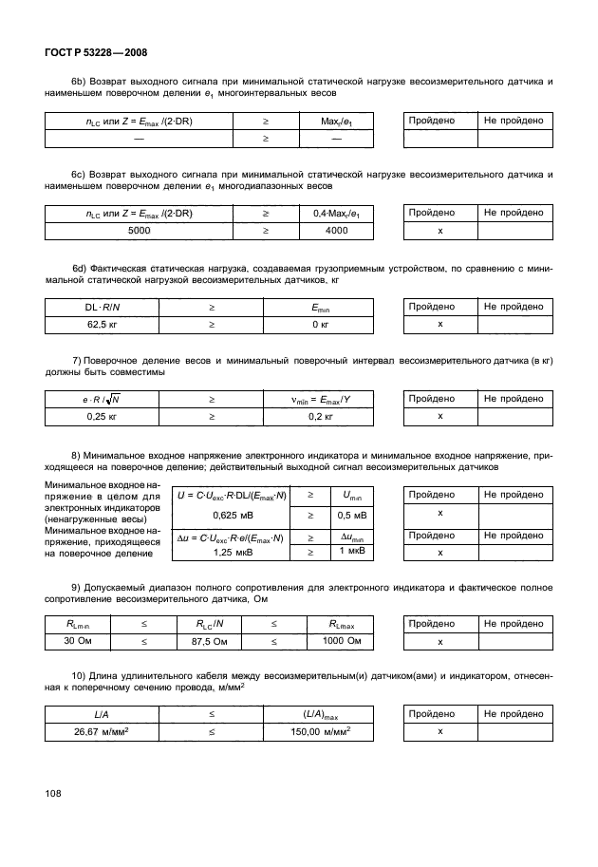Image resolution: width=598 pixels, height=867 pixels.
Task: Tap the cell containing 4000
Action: coord(336,230)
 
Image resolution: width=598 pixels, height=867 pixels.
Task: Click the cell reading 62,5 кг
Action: coord(94,324)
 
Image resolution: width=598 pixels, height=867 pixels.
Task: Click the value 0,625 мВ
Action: coord(230,515)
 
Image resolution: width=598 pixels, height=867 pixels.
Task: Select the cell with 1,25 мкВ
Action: coord(230,552)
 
